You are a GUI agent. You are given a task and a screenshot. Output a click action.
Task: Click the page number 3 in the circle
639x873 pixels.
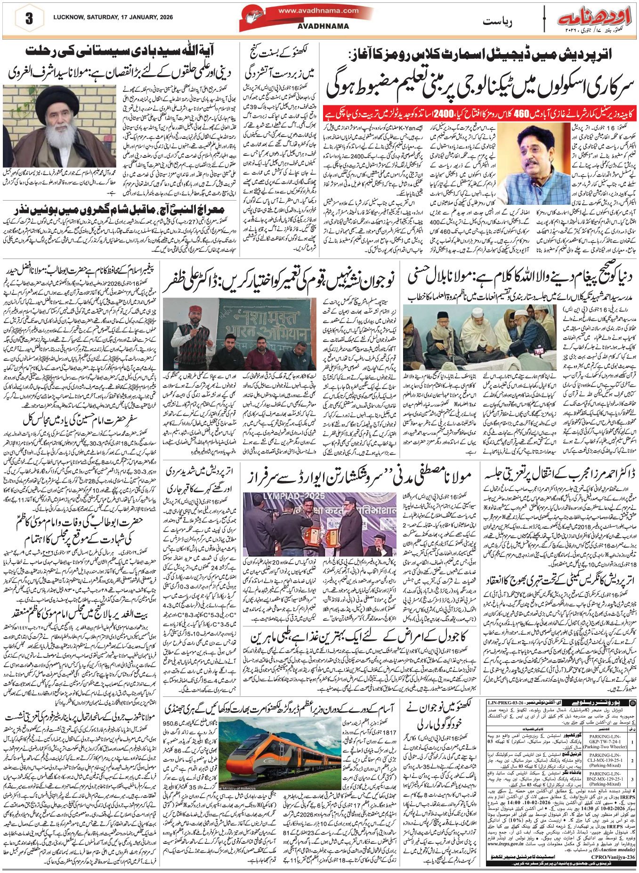click(29, 19)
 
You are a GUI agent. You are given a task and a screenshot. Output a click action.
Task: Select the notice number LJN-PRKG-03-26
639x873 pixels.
click(506, 702)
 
